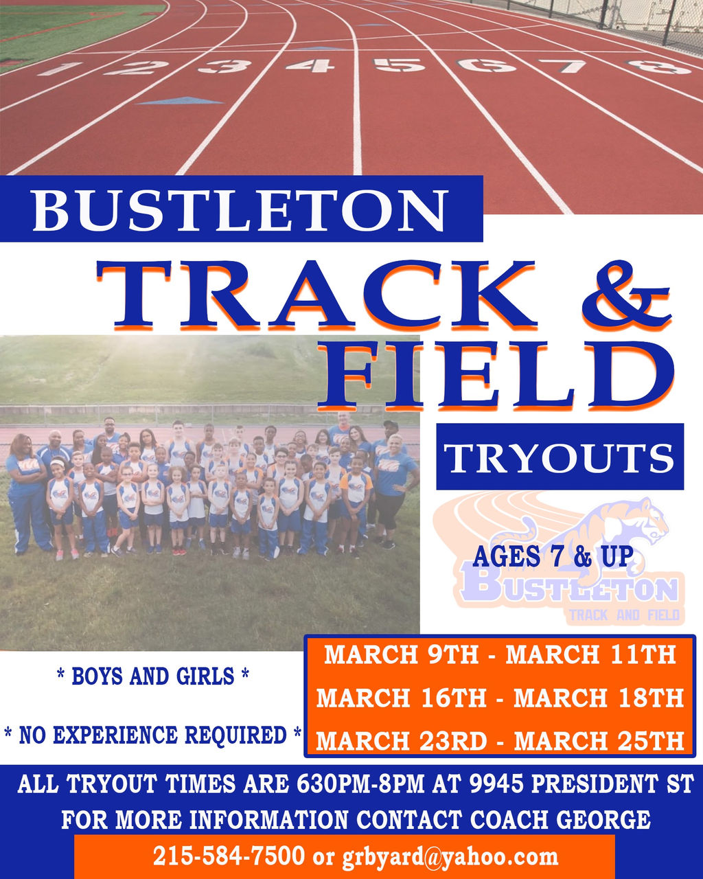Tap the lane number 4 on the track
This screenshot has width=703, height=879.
[310, 65]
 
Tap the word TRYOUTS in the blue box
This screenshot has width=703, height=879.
[560, 457]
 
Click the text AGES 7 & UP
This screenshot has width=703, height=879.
[552, 556]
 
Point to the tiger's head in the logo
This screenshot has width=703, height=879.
[645, 518]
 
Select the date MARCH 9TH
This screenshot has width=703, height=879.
[401, 654]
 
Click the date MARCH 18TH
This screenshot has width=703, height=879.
[599, 698]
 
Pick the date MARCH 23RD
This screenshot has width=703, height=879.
[401, 742]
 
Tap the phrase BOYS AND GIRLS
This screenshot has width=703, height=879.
[152, 676]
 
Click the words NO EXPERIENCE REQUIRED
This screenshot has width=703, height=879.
[152, 735]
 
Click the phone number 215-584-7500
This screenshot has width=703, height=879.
[229, 856]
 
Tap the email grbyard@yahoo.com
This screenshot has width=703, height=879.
[450, 856]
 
